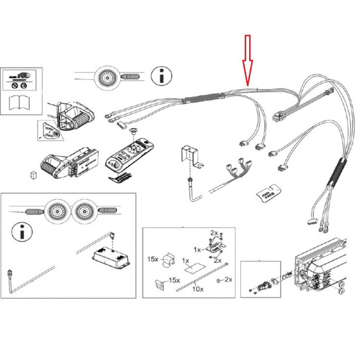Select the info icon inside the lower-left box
click(21, 231)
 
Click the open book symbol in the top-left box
click(20, 102)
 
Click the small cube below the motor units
click(33, 174)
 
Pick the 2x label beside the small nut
click(229, 280)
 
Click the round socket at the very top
click(107, 78)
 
